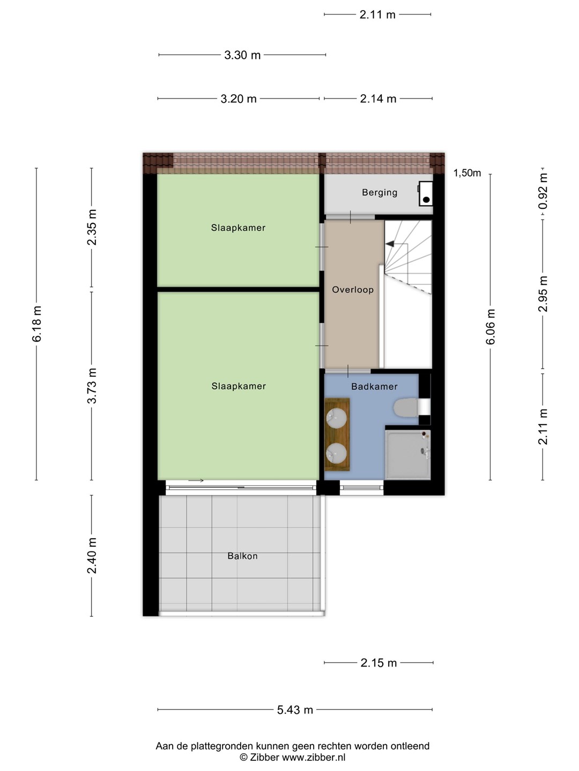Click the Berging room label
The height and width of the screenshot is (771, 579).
click(x=380, y=193)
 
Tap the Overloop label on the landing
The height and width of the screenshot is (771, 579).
click(x=353, y=290)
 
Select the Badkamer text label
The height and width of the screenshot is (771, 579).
click(x=374, y=387)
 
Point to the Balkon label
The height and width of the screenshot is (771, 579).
click(x=242, y=556)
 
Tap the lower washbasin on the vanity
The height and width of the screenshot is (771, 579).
click(x=337, y=453)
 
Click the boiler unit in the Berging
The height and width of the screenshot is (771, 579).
click(x=425, y=193)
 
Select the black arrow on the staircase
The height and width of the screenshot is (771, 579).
click(x=390, y=244)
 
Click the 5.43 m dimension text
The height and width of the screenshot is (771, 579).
click(x=295, y=710)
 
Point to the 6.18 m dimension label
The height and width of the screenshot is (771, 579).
click(x=37, y=324)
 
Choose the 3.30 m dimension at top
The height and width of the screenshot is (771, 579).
click(x=242, y=55)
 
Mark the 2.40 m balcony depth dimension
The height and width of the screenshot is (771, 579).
click(x=92, y=556)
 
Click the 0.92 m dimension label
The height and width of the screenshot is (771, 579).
click(x=543, y=191)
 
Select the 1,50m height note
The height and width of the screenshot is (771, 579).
click(x=467, y=173)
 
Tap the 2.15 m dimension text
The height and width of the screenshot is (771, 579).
click(x=378, y=663)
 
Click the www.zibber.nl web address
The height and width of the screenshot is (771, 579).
click(x=314, y=757)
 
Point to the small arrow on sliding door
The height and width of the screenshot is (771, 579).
click(x=196, y=480)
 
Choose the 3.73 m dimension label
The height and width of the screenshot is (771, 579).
click(x=92, y=385)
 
